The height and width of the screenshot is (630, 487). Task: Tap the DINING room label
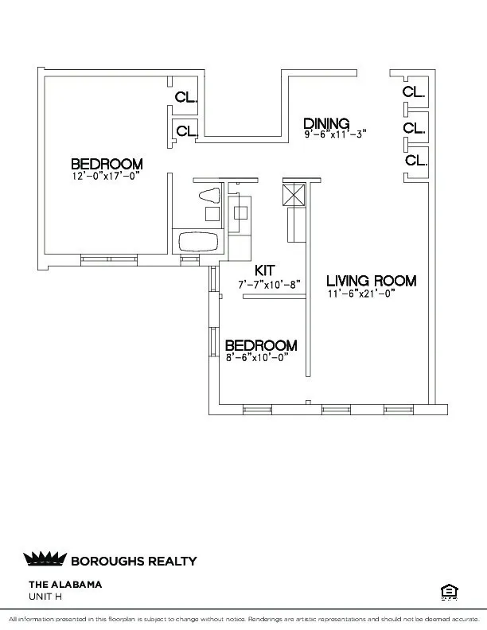click(x=326, y=123)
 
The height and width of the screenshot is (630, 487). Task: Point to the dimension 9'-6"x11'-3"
click(x=334, y=135)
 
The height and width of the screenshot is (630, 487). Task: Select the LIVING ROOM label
click(x=372, y=281)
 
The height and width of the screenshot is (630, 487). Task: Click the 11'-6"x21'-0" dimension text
click(x=361, y=294)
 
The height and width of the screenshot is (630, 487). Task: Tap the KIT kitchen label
click(x=265, y=270)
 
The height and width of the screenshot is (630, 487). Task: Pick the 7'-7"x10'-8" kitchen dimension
click(x=269, y=284)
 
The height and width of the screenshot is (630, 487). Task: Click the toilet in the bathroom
click(x=208, y=195)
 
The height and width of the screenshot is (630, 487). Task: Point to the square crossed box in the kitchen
click(x=293, y=194)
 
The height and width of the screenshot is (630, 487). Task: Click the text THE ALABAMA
click(x=65, y=584)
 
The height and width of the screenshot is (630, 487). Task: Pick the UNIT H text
click(x=45, y=596)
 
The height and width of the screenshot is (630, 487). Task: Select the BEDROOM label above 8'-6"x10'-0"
click(x=261, y=345)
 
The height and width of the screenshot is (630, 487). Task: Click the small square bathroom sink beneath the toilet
click(x=212, y=213)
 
